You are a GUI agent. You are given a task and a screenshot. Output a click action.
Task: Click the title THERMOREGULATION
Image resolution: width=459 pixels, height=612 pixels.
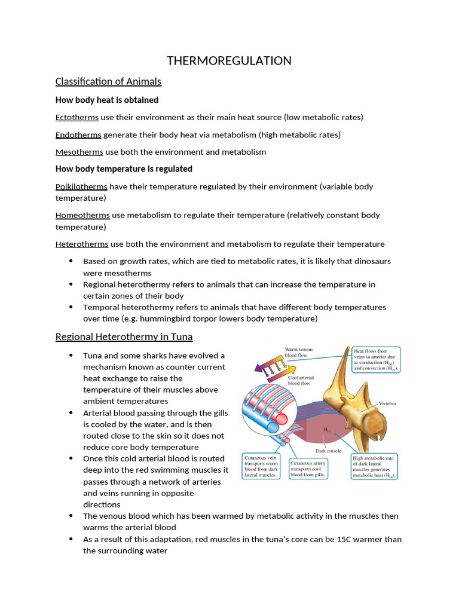[229, 60]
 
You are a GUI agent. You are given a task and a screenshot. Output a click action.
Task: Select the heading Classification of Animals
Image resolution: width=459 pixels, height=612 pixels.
[108, 81]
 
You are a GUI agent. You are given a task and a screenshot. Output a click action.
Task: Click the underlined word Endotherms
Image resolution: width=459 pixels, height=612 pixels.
[78, 134]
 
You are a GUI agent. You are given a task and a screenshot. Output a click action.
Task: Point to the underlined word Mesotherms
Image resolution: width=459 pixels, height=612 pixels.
[79, 152]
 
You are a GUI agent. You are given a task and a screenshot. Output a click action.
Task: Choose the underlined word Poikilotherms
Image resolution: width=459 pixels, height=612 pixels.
[81, 186]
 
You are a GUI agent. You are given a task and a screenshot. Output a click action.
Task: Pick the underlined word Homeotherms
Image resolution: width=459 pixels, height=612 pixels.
[82, 215]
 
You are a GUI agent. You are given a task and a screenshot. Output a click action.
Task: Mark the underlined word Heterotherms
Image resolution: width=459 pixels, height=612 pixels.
[82, 244]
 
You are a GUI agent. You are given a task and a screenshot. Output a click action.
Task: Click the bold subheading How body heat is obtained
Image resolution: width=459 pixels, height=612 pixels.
[107, 100]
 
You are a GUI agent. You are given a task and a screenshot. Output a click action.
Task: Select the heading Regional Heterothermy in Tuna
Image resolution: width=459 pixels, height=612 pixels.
[124, 336]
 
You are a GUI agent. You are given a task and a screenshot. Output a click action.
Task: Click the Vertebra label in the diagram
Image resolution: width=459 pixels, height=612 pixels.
[387, 404]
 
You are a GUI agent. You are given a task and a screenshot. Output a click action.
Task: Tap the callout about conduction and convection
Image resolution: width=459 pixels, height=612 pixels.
[376, 360]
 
